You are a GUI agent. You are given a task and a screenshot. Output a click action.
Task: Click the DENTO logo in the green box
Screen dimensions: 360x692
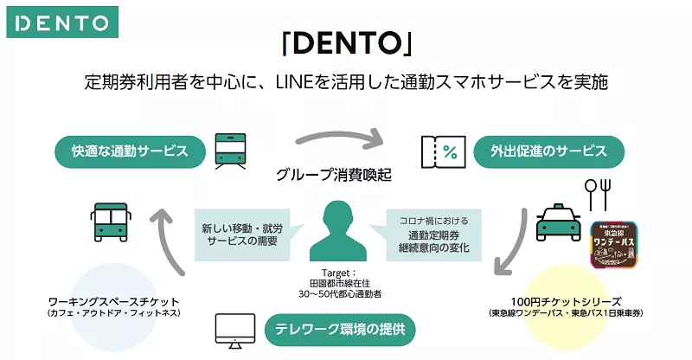(x=58, y=22)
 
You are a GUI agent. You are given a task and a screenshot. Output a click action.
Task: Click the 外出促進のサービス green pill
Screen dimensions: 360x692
(x=551, y=151)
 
